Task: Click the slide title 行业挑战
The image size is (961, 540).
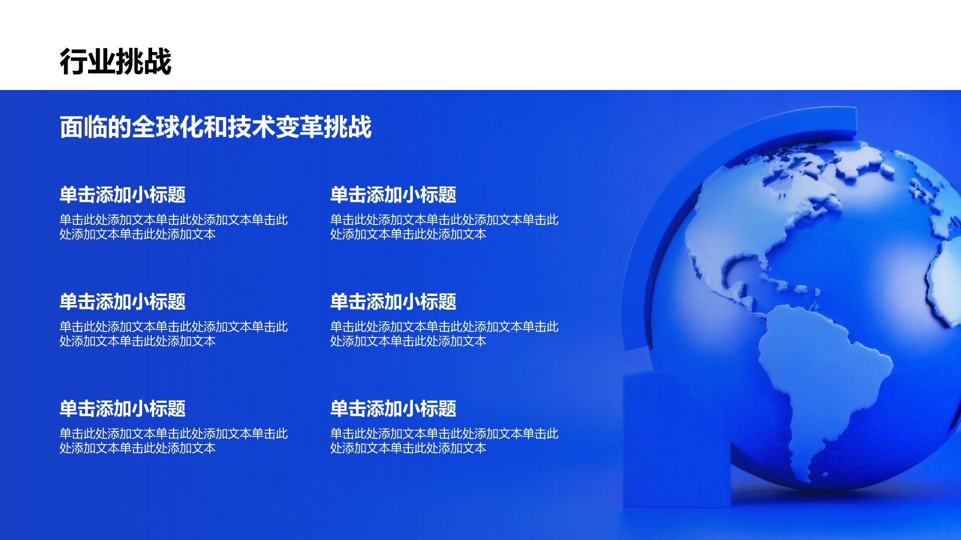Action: tap(116, 61)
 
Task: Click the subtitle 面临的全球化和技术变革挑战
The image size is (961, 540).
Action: tap(215, 126)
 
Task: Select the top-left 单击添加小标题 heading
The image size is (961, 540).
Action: tap(122, 194)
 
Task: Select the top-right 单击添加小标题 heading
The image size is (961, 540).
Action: tap(393, 194)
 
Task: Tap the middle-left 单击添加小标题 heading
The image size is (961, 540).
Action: tap(122, 301)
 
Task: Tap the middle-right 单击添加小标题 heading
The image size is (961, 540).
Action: tap(393, 301)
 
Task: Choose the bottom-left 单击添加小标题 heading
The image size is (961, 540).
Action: tap(122, 408)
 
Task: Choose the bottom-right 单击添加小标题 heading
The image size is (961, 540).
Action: tap(393, 408)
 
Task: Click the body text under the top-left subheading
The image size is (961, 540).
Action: tap(173, 226)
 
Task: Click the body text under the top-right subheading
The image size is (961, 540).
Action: tap(444, 226)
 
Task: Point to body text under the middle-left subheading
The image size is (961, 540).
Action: tap(173, 333)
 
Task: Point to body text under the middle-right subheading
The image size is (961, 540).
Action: tap(444, 333)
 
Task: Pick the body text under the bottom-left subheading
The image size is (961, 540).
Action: tap(173, 440)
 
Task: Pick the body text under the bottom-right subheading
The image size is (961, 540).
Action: tap(444, 440)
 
